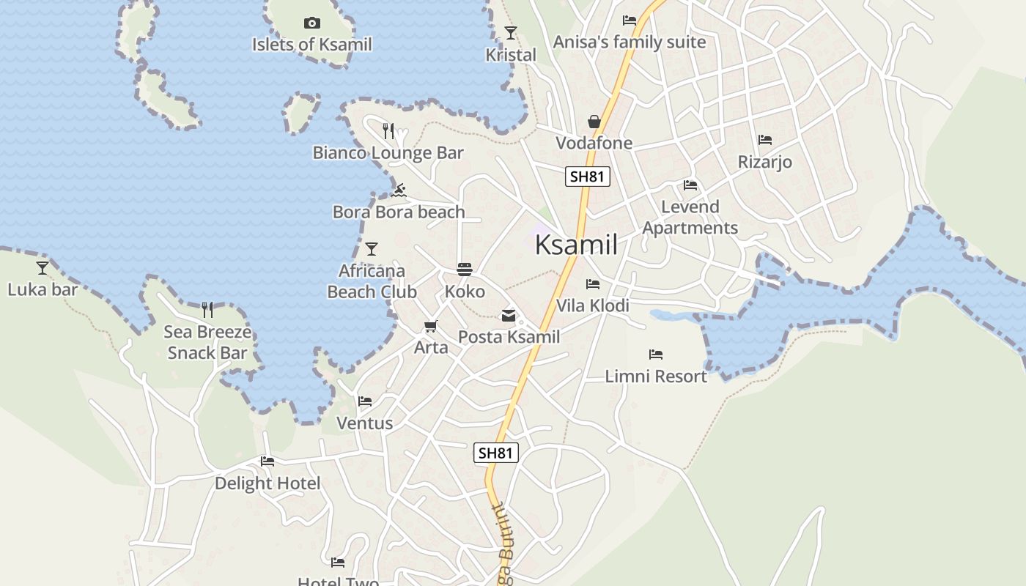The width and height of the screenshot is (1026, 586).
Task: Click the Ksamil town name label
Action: pos(576,245)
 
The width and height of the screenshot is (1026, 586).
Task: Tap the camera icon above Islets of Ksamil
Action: pos(312,23)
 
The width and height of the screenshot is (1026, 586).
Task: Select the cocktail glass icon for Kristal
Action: pos(511,33)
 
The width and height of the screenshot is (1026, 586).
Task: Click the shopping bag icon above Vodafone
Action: pos(594,121)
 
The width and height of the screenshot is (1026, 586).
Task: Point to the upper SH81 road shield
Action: pos(588,177)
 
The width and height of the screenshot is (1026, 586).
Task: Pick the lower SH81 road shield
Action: pos(495,453)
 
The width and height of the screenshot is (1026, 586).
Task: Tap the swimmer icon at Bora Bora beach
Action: pos(399,191)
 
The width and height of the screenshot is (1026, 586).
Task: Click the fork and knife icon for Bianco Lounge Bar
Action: pos(388,131)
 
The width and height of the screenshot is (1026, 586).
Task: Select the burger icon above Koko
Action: pos(465,270)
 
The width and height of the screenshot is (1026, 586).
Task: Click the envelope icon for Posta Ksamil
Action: pos(509,316)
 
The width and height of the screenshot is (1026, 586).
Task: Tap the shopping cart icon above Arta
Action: pos(430,326)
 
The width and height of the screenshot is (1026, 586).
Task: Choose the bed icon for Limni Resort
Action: pos(656,355)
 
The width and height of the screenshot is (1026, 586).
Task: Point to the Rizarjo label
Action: pos(764,162)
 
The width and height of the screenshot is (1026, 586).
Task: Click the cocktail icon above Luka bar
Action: pos(43,268)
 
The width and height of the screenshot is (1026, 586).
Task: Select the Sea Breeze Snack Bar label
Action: pos(207,342)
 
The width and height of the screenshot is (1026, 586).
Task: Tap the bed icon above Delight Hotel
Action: pos(267,461)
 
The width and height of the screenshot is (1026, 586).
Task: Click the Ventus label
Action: pos(364,423)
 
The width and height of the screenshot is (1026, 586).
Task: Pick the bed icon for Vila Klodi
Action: pos(593,284)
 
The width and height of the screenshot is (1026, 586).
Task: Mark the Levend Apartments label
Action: pos(690,217)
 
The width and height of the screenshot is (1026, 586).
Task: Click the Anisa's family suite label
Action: pos(629,42)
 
